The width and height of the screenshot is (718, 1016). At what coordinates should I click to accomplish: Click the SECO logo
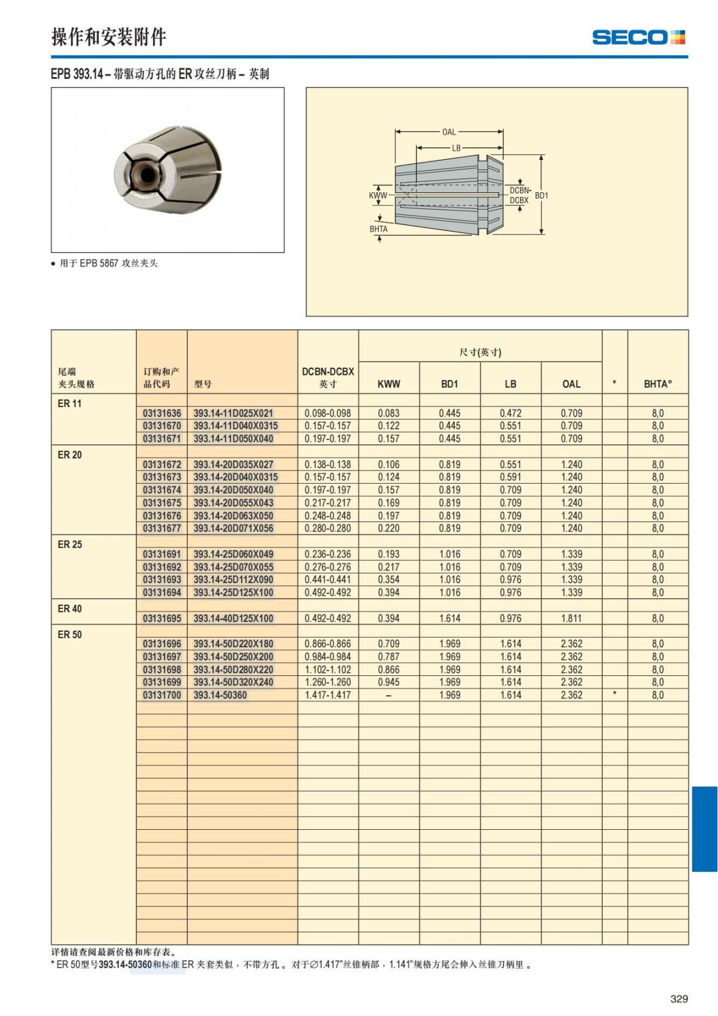click(638, 38)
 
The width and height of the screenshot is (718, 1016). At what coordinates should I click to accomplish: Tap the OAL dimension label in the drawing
click(449, 132)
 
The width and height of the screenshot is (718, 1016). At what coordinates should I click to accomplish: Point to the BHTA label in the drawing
click(378, 229)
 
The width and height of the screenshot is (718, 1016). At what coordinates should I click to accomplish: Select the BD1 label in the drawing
click(541, 195)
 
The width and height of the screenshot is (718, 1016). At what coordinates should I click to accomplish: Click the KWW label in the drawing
click(378, 195)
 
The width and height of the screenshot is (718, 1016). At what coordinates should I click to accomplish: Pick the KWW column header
click(389, 384)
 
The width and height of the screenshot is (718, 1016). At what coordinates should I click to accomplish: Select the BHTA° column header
click(658, 384)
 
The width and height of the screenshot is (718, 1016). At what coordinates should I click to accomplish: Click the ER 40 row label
click(70, 608)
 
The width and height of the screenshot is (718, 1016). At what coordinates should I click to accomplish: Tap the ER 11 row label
click(69, 404)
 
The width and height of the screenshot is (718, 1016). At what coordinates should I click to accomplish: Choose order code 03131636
click(162, 413)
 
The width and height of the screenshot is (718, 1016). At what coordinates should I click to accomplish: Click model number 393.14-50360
click(220, 695)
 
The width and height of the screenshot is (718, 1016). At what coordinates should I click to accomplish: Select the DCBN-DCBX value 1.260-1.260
click(328, 682)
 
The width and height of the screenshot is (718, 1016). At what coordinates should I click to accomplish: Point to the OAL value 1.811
click(571, 618)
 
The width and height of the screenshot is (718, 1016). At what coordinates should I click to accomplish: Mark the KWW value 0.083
click(389, 413)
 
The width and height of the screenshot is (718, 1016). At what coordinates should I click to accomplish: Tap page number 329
click(679, 999)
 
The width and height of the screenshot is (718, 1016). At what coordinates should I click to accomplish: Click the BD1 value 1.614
click(449, 618)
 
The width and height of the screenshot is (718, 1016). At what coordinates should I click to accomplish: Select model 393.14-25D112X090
click(233, 580)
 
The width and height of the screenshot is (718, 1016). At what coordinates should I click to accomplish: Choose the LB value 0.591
click(510, 477)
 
